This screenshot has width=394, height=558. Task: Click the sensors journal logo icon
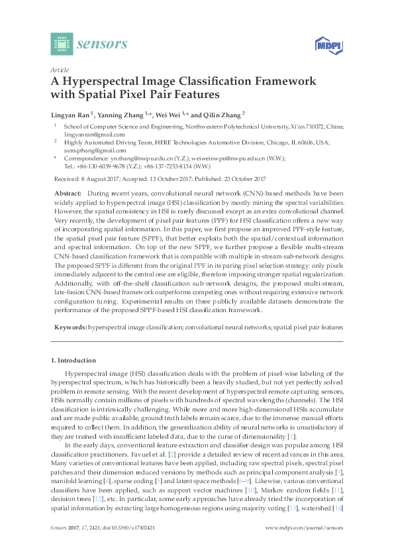[61, 44]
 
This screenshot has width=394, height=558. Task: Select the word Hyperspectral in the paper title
[96, 82]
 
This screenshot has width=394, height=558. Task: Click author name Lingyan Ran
[70, 113]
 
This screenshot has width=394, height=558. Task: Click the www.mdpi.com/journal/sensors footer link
[304, 545]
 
